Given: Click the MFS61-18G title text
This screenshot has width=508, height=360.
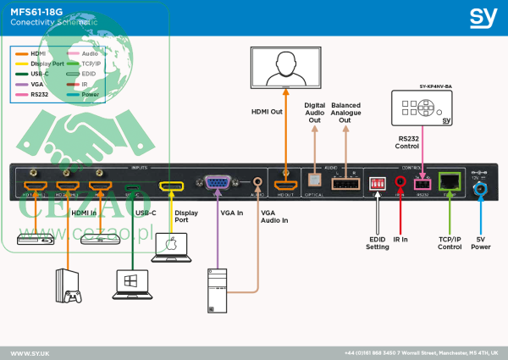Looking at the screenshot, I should click(x=39, y=13).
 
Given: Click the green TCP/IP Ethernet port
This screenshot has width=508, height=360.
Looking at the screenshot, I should click(x=451, y=180).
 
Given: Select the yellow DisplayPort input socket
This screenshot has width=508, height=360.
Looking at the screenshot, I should click(x=173, y=186).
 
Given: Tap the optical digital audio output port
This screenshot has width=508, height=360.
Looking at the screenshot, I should click(x=315, y=181).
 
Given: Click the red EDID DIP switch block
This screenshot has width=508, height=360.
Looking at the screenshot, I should click(x=376, y=181).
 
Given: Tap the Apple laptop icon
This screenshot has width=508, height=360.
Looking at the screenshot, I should click(x=173, y=247).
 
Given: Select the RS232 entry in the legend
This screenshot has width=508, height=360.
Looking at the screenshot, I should click(x=38, y=95).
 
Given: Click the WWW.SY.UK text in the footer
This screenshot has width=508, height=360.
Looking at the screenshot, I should click(x=30, y=351).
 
